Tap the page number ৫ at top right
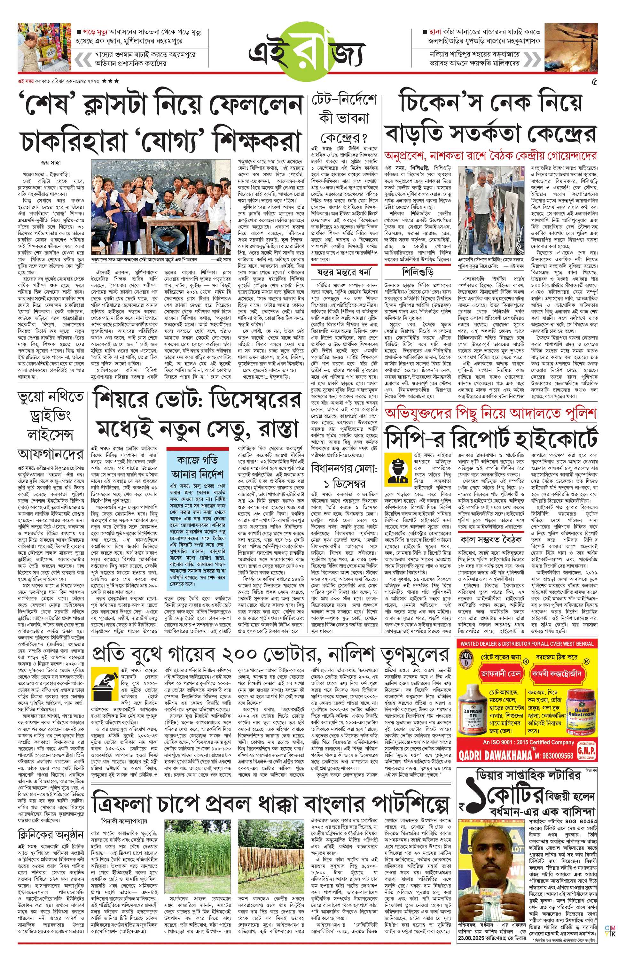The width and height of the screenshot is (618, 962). click(594, 82)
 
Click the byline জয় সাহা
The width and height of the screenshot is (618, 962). click(51, 163)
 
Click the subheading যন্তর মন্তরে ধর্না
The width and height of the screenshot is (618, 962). click(344, 272)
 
